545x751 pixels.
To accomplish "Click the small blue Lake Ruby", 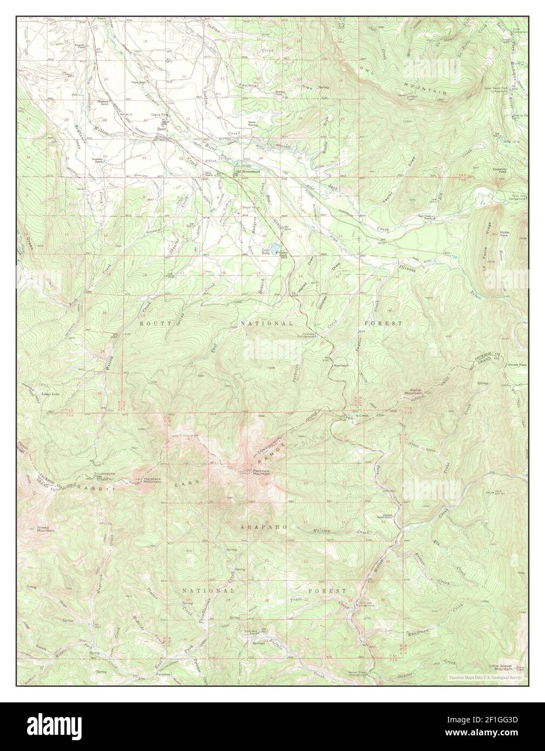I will point(275,249).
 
